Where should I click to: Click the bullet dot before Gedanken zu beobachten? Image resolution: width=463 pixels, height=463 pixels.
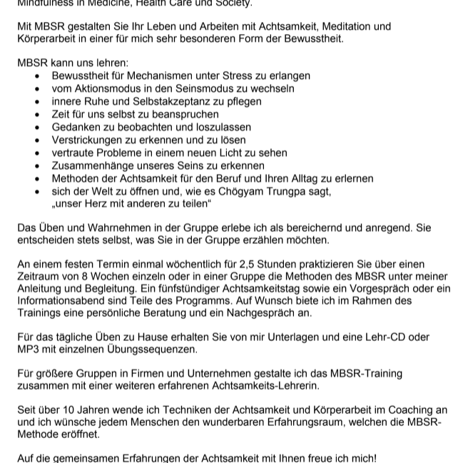tap(38, 127)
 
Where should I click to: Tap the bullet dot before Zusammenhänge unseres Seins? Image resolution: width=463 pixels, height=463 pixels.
tap(38, 166)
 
